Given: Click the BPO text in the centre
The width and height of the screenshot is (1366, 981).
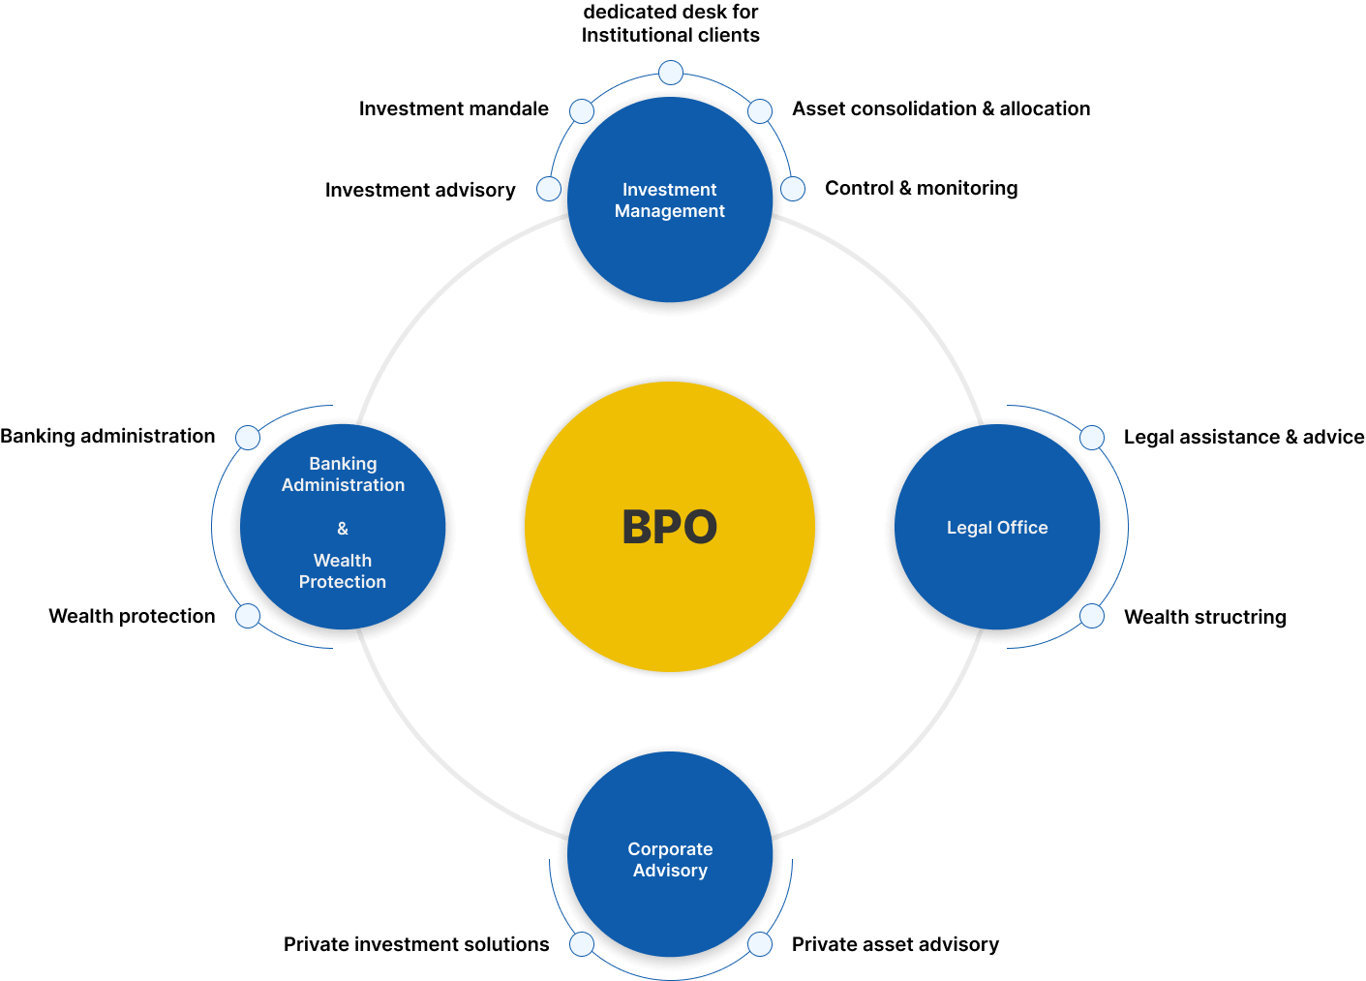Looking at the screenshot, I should coord(669,528).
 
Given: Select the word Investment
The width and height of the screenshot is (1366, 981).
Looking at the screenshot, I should coord(669,190).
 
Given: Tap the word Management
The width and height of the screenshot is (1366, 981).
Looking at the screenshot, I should coord(669,211).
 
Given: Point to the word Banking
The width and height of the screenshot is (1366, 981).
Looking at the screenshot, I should coord(343,464).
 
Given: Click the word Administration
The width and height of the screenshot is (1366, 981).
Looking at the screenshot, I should coord(343,485).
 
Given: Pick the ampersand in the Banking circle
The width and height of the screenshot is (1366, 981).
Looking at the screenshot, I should coord(343,529).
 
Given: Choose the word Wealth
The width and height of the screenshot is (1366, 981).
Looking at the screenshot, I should coord(343,561).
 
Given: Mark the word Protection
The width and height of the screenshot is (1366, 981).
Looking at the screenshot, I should coord(343,582).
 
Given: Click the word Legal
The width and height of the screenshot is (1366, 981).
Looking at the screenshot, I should coord(969,528).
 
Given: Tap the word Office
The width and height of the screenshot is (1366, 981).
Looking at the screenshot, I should coord(1022,528).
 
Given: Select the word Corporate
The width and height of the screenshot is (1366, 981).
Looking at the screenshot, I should coord(670,849).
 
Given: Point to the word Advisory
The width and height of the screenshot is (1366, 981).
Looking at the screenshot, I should coord(670,871).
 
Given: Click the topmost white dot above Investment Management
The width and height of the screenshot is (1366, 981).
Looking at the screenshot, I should coord(671,73).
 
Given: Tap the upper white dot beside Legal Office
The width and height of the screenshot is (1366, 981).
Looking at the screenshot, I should coord(1092,438).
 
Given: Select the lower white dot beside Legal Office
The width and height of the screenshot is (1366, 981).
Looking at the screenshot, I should coord(1092,616).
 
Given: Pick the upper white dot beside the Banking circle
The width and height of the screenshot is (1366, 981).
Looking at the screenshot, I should coord(248,438).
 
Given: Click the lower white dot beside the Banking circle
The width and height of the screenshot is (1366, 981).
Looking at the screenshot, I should coord(248,616).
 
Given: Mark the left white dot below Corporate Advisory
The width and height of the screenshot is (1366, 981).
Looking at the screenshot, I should coord(582,944).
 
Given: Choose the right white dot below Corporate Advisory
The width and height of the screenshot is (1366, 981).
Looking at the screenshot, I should coord(760,944).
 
